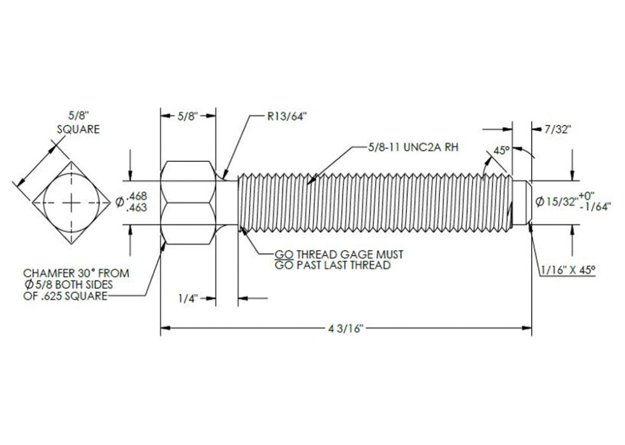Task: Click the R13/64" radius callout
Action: pos(287,116)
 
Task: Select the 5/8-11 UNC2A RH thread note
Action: pos(413,147)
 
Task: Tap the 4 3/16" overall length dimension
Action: pos(346,329)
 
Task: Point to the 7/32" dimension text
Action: pos(558,129)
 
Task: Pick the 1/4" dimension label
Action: pos(188,298)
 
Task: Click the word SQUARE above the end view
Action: pos(78,129)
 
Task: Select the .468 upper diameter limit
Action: pos(136,196)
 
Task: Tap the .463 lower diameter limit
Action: pos(136,208)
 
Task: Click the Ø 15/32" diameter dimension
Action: pos(556,202)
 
